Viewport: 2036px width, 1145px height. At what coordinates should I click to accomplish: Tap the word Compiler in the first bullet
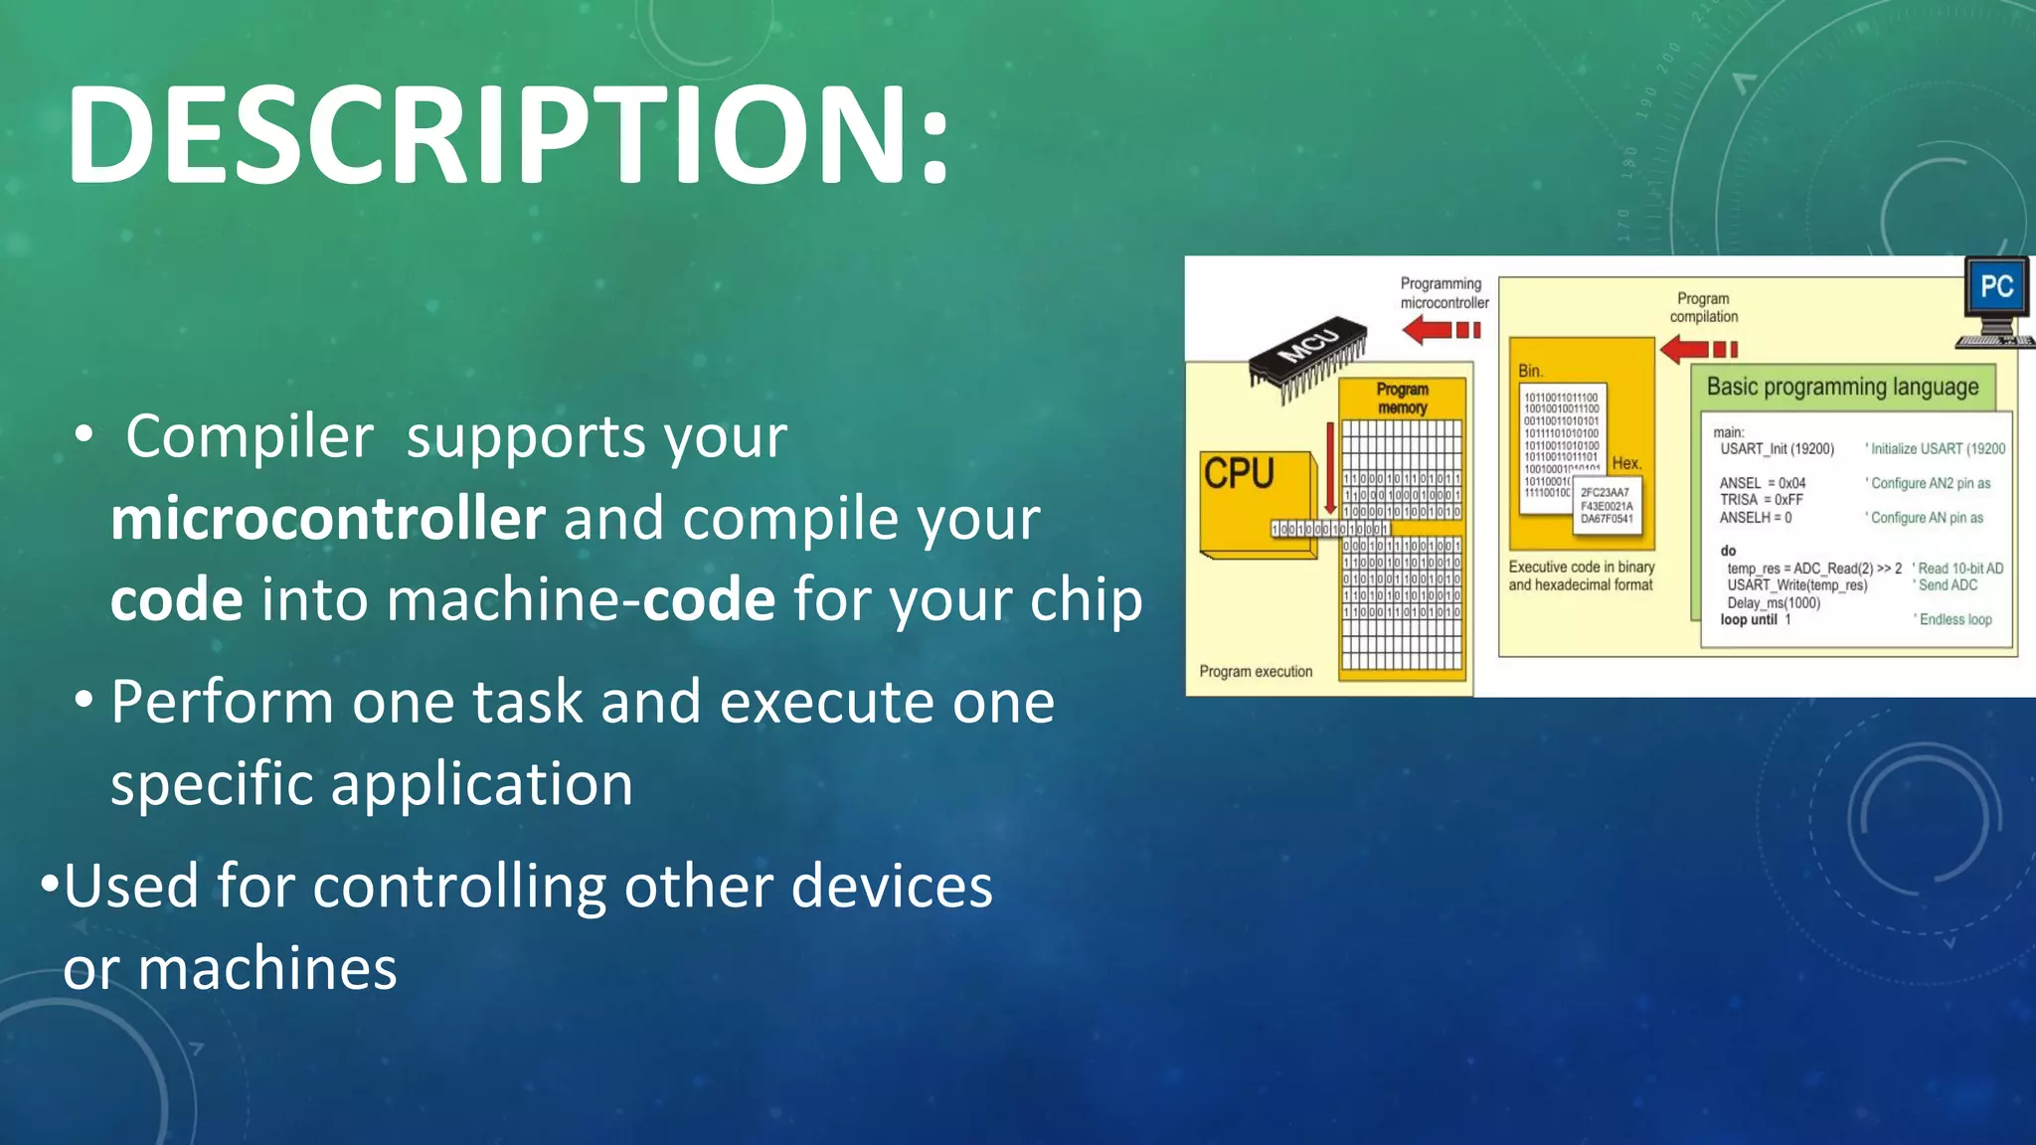pyautogui.click(x=250, y=436)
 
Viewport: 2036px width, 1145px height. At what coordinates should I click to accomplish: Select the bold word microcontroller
pyautogui.click(x=328, y=518)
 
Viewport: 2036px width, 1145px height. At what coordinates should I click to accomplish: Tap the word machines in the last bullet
pyautogui.click(x=267, y=968)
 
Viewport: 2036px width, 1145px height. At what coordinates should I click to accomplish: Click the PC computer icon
pyautogui.click(x=1995, y=299)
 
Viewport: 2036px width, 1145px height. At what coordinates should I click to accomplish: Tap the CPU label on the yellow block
pyautogui.click(x=1239, y=473)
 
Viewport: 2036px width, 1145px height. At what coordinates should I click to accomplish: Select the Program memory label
pyautogui.click(x=1402, y=399)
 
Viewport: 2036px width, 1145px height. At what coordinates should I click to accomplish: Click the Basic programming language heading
pyautogui.click(x=1842, y=387)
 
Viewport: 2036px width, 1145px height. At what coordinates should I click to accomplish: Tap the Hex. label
pyautogui.click(x=1626, y=463)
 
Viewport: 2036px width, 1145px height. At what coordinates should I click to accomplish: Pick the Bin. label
pyautogui.click(x=1530, y=371)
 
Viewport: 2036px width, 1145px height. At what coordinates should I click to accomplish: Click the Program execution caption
pyautogui.click(x=1256, y=672)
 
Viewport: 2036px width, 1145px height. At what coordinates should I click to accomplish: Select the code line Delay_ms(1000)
pyautogui.click(x=1774, y=602)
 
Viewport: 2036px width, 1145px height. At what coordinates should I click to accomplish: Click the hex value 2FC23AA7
pyautogui.click(x=1605, y=492)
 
